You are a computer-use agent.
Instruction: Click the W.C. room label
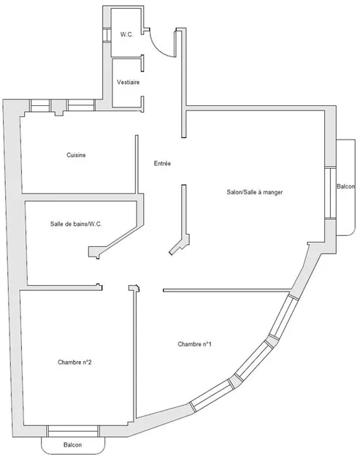[x=126, y=34]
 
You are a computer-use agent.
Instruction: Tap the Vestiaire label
[x=128, y=83]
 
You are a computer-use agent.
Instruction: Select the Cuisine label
[x=76, y=155]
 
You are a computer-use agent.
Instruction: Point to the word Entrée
[x=162, y=164]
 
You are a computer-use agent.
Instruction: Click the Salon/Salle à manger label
[x=255, y=192]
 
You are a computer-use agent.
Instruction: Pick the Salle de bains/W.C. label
[x=76, y=224]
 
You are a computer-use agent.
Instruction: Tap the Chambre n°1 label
[x=195, y=344]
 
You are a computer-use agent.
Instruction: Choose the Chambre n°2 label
[x=74, y=362]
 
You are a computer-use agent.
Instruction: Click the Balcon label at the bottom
[x=72, y=445]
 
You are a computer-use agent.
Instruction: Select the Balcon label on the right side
[x=346, y=186]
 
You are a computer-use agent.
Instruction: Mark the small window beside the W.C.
[x=107, y=34]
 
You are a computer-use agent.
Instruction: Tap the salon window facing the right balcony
[x=330, y=194]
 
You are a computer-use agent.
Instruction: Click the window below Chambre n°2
[x=73, y=431]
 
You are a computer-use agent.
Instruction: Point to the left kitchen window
[x=40, y=105]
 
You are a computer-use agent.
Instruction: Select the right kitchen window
[x=81, y=105]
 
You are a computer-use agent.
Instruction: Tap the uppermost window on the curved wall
[x=283, y=315]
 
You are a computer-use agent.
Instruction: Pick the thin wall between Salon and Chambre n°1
[x=227, y=290]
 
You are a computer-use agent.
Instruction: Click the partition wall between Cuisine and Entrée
[x=137, y=164]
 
